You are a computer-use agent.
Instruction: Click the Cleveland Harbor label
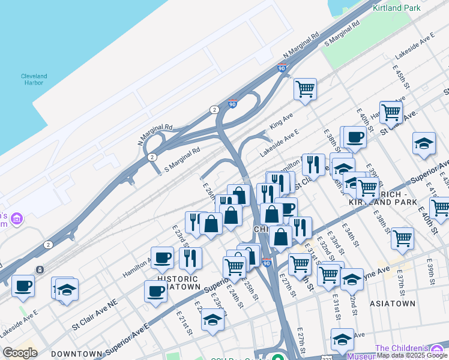(34, 79)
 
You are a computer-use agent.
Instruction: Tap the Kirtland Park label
(397, 8)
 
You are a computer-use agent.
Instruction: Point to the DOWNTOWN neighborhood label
(76, 354)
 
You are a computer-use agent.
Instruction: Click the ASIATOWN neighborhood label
(393, 304)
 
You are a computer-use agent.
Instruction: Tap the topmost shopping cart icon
(305, 89)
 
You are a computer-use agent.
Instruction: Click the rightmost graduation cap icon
(424, 143)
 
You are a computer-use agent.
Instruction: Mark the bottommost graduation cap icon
(342, 339)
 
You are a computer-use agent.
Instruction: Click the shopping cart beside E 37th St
(402, 238)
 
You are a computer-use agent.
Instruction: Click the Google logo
(20, 353)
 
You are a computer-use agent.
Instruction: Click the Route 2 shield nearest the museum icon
(48, 245)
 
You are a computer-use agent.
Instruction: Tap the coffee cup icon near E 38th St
(354, 137)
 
